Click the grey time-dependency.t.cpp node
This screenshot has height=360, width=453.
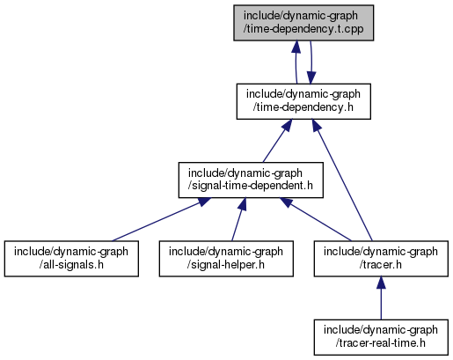pos(303,23)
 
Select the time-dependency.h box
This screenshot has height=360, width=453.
pos(303,101)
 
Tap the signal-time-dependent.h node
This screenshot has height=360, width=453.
pos(251,180)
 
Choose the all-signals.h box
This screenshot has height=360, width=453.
pos(71,259)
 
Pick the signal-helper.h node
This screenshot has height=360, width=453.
pos(226,259)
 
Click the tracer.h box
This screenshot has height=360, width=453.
pos(381,259)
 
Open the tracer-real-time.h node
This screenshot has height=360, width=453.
pos(381,337)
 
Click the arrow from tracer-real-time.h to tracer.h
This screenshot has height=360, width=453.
pos(381,298)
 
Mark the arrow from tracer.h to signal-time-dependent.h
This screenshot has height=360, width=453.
pos(315,219)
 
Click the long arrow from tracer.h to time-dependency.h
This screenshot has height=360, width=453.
pos(342,180)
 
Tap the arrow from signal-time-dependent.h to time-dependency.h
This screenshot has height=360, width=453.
pos(277,141)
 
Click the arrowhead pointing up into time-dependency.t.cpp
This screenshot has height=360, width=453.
pos(296,47)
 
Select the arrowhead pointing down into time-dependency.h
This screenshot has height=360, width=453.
pos(311,77)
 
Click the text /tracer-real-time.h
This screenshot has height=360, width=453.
pos(381,343)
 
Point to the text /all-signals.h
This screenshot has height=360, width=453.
pos(71,264)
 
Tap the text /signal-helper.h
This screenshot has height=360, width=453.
pos(226,264)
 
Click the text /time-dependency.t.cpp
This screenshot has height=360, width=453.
pos(303,29)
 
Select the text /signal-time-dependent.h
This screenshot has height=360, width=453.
pos(251,186)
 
